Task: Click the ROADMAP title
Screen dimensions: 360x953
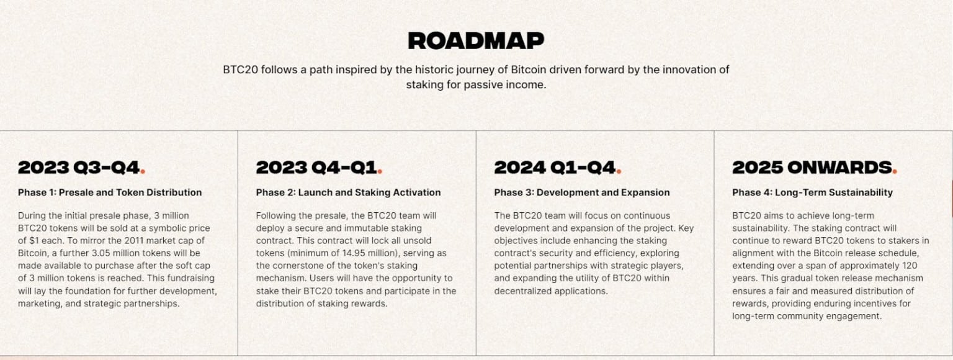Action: point(476,41)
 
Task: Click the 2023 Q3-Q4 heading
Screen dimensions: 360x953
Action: point(80,168)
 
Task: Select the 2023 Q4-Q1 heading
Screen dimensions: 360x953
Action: point(317,168)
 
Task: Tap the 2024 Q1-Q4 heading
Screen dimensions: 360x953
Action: point(555,168)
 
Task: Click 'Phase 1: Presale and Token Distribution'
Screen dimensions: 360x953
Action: point(110,192)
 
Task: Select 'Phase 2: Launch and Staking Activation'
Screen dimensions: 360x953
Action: point(348,192)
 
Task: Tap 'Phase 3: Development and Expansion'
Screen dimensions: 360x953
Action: point(581,192)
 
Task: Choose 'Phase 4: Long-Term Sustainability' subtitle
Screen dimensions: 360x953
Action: point(812,192)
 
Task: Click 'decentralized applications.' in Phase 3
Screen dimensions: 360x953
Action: point(551,291)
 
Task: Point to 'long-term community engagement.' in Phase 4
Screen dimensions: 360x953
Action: point(807,316)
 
